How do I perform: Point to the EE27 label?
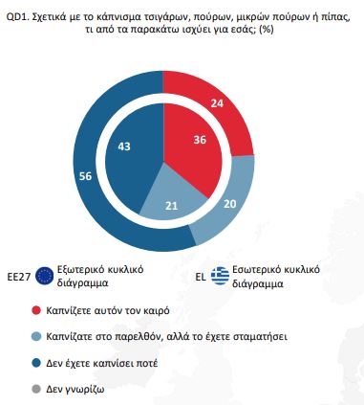[18, 272]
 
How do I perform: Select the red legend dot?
[35, 311]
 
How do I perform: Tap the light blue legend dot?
[35, 338]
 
